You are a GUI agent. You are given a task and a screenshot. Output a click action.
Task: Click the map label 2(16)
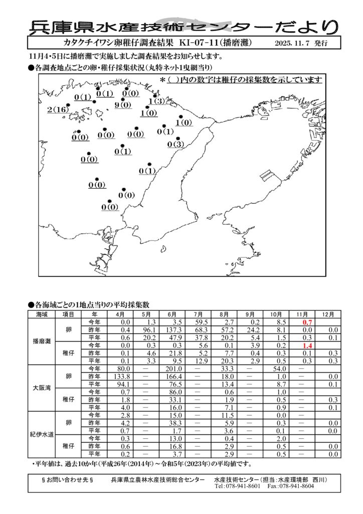pos(58,109)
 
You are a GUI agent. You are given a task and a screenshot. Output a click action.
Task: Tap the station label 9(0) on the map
pos(123,105)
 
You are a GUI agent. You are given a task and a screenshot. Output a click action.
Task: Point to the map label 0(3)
pos(176,145)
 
